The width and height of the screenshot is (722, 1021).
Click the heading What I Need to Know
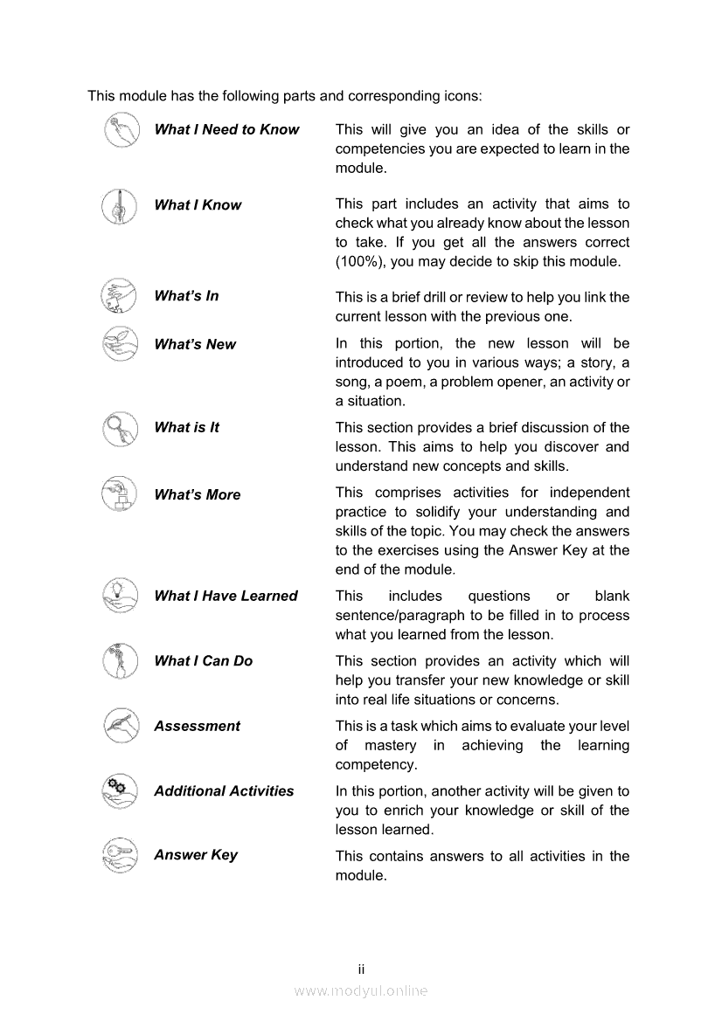pyautogui.click(x=226, y=129)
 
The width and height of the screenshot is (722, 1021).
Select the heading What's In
pyautogui.click(x=186, y=295)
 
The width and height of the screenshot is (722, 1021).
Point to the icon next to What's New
pyautogui.click(x=119, y=343)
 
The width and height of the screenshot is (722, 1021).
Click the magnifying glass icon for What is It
pyautogui.click(x=119, y=428)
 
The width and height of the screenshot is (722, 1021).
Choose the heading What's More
pyautogui.click(x=197, y=494)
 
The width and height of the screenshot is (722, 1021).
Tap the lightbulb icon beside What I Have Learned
pyautogui.click(x=119, y=595)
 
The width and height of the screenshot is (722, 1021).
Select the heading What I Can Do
pyautogui.click(x=203, y=660)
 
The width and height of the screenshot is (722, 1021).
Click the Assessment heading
pyautogui.click(x=197, y=726)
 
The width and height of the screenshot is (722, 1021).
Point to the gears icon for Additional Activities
pyautogui.click(x=119, y=790)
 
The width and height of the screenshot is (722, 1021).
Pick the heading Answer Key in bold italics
pyautogui.click(x=195, y=855)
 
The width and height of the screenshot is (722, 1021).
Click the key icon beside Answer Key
pyautogui.click(x=119, y=855)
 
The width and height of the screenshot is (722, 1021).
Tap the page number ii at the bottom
pyautogui.click(x=360, y=969)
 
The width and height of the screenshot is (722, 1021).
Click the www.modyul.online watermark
pyautogui.click(x=360, y=990)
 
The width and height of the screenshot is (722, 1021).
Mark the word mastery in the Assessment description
pyautogui.click(x=390, y=745)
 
